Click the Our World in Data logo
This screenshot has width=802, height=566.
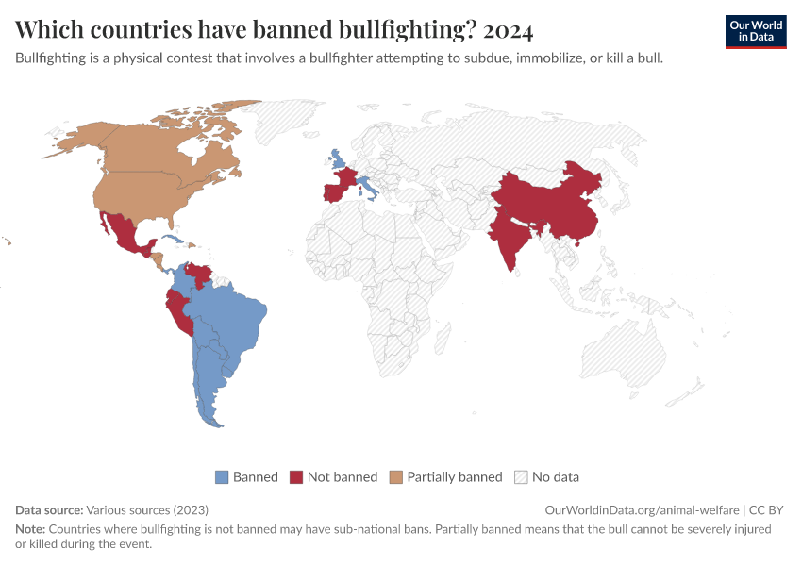pos(755,31)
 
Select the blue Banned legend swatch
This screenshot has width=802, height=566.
pos(223,476)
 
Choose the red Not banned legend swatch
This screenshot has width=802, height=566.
pos(296,476)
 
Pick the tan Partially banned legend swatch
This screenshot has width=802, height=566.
pos(396,476)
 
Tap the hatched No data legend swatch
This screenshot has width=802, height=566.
pos(521,476)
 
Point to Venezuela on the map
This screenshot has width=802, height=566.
pos(199,275)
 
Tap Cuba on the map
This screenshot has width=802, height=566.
pos(170,227)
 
